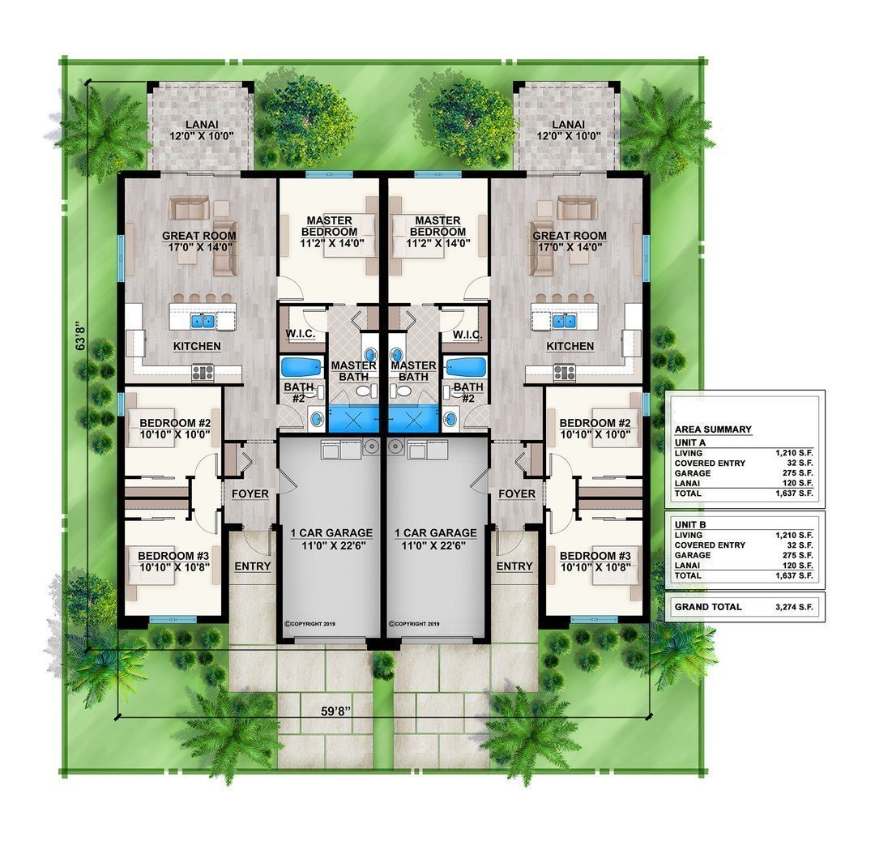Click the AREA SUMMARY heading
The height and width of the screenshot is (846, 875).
click(x=712, y=429)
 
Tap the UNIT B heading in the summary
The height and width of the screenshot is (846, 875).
click(x=690, y=524)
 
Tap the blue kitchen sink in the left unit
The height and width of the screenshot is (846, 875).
click(x=203, y=321)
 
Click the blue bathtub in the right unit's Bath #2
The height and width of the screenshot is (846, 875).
click(x=465, y=367)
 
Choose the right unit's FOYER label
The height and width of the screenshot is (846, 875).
click(x=517, y=493)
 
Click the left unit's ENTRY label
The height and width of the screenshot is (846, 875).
click(x=252, y=566)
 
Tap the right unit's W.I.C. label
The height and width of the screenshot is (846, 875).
click(x=468, y=335)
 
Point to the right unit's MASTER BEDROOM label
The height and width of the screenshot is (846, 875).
click(x=437, y=226)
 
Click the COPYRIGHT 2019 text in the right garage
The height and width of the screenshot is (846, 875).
click(x=414, y=624)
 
